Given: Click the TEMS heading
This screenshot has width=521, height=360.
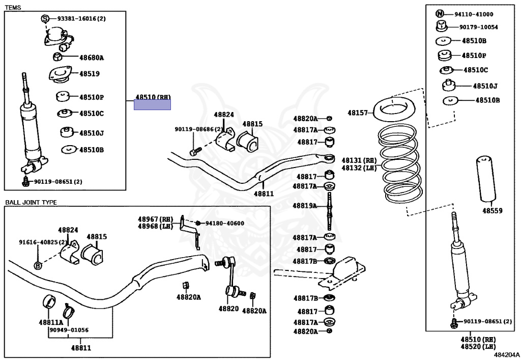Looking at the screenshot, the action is pyautogui.click(x=13, y=7).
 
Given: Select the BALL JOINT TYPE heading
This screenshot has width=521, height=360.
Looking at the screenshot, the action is pyautogui.click(x=31, y=202).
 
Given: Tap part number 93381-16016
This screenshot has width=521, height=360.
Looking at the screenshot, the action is pyautogui.click(x=77, y=19).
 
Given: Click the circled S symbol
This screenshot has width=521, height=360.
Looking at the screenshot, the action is pyautogui.click(x=45, y=19).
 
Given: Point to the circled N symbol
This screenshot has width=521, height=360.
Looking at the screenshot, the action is pyautogui.click(x=440, y=14).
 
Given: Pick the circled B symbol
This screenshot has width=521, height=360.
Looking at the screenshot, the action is pyautogui.click(x=38, y=266).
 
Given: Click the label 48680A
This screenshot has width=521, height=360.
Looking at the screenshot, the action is pyautogui.click(x=92, y=58).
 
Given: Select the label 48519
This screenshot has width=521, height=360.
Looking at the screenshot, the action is pyautogui.click(x=90, y=74).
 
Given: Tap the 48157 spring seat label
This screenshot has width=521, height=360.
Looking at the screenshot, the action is pyautogui.click(x=358, y=113).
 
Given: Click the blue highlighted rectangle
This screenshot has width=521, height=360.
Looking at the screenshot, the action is pyautogui.click(x=152, y=105).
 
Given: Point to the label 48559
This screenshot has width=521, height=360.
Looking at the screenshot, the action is pyautogui.click(x=493, y=210).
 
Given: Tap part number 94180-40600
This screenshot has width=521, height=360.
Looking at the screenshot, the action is pyautogui.click(x=224, y=224).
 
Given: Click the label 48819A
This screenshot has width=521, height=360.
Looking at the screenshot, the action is pyautogui.click(x=305, y=206).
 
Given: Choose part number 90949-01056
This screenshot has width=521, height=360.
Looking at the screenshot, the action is pyautogui.click(x=69, y=330).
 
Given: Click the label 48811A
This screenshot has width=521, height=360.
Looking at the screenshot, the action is pyautogui.click(x=51, y=322).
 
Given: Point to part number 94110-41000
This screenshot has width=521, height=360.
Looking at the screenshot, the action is pyautogui.click(x=474, y=14).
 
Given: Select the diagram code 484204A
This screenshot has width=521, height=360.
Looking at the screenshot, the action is pyautogui.click(x=506, y=355).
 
